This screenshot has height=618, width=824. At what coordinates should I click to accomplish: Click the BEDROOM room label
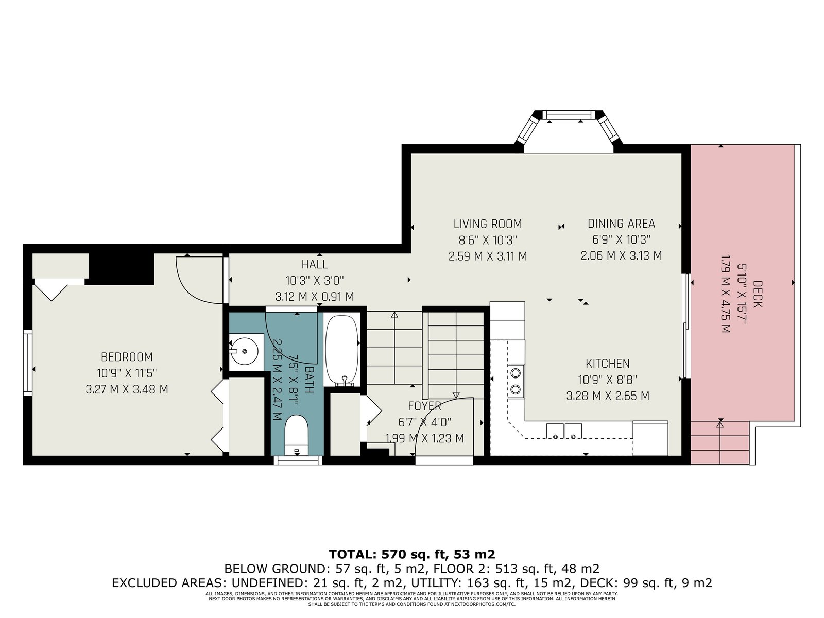(127, 356)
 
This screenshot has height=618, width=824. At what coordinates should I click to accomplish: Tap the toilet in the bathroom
(297, 435)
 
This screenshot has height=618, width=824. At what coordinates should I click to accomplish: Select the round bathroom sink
(245, 352)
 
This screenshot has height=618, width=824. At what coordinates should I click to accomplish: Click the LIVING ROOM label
(488, 224)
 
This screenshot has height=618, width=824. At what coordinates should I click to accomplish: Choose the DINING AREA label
(621, 224)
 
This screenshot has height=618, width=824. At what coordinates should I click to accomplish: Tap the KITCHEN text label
(608, 363)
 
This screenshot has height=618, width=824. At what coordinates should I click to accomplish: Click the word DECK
(758, 294)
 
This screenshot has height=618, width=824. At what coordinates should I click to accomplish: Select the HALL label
(315, 265)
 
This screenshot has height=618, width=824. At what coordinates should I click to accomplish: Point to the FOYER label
(424, 406)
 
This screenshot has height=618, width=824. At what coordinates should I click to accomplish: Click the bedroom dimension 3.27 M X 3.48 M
(127, 389)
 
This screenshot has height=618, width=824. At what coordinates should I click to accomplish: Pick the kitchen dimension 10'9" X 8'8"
(608, 380)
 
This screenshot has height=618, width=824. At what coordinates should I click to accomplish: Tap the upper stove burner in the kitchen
(516, 373)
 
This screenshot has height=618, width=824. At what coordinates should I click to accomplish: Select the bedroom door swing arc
(192, 289)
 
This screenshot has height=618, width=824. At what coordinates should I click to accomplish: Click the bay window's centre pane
(569, 115)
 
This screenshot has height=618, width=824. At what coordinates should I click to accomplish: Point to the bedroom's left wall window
(27, 363)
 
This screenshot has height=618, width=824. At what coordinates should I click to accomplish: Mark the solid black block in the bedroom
(121, 269)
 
